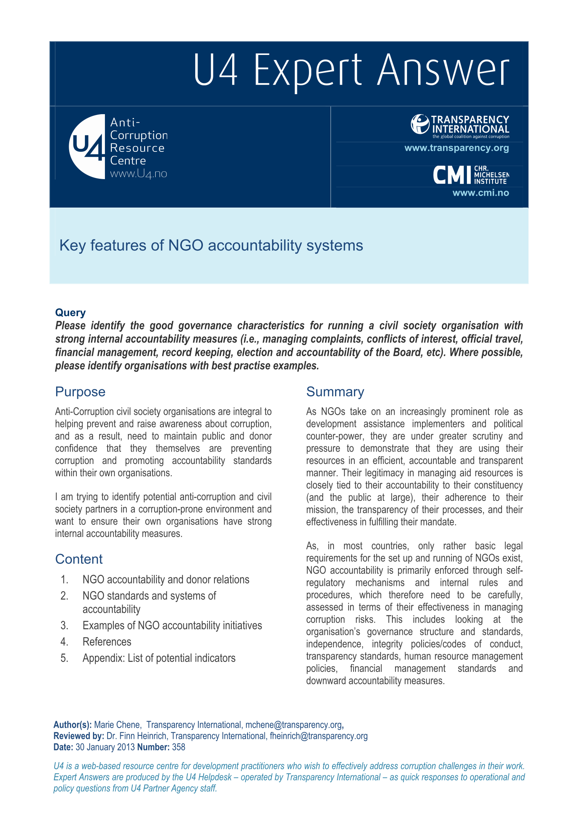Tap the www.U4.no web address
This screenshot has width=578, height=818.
coord(138,174)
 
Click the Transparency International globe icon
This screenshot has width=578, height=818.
coord(420,124)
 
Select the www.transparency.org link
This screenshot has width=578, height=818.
coord(457,148)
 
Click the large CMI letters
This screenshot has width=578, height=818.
coord(452,175)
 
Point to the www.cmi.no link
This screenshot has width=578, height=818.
coord(480,193)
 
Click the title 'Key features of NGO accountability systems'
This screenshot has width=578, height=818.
coord(211,245)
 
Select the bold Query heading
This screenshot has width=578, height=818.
coord(70,313)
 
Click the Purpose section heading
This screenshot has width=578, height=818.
coord(80,392)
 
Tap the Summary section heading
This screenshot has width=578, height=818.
coord(335,392)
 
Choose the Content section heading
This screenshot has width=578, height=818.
coord(79,559)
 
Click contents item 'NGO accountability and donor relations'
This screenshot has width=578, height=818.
coord(166,580)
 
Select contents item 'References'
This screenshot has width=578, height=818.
coord(107,642)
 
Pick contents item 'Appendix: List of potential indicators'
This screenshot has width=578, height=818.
coord(159,658)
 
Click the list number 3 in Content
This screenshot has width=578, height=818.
coord(65,626)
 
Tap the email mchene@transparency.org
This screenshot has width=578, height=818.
coord(293,725)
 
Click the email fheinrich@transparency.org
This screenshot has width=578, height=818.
coord(319,736)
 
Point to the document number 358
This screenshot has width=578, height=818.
coord(179,747)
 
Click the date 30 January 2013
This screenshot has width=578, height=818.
coord(105,747)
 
